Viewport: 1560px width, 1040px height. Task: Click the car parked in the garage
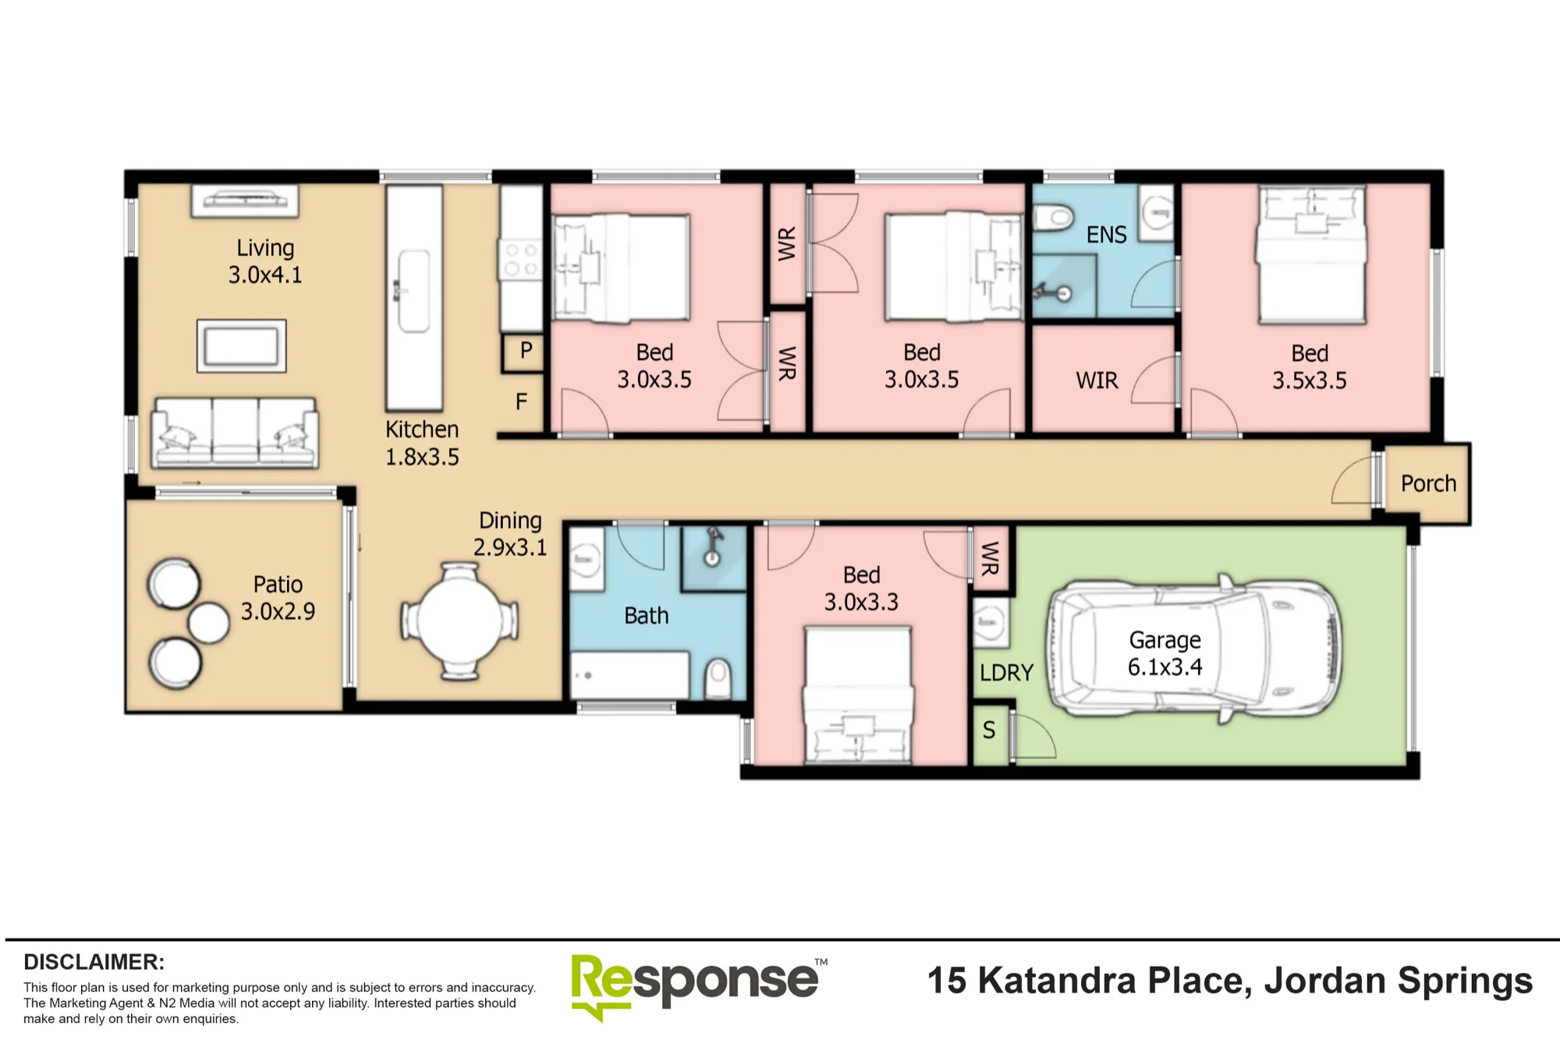[x=1193, y=651]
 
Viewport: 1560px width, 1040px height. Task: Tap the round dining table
[x=460, y=621]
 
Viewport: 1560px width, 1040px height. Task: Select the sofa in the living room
[x=235, y=433]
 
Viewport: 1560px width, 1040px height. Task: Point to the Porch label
[x=1428, y=483]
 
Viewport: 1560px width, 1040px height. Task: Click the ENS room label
[x=1106, y=235]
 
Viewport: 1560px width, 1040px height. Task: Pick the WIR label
[x=1097, y=380]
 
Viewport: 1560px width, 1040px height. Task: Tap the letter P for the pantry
[x=526, y=350]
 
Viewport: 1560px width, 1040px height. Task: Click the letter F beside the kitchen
[x=521, y=401]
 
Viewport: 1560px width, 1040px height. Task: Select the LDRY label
[x=1006, y=673]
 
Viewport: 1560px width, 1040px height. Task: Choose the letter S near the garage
[x=989, y=730]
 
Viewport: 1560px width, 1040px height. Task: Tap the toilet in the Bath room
[x=718, y=679]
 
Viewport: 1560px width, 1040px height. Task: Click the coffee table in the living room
[x=241, y=345]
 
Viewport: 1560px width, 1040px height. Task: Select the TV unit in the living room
[x=244, y=200]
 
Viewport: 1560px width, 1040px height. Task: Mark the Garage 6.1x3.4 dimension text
[x=1165, y=653]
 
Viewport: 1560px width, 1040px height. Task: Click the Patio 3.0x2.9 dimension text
[x=278, y=598]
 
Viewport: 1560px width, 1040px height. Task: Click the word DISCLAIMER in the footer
[x=94, y=962]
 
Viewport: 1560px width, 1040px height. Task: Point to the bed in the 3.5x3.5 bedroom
[x=1311, y=255]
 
